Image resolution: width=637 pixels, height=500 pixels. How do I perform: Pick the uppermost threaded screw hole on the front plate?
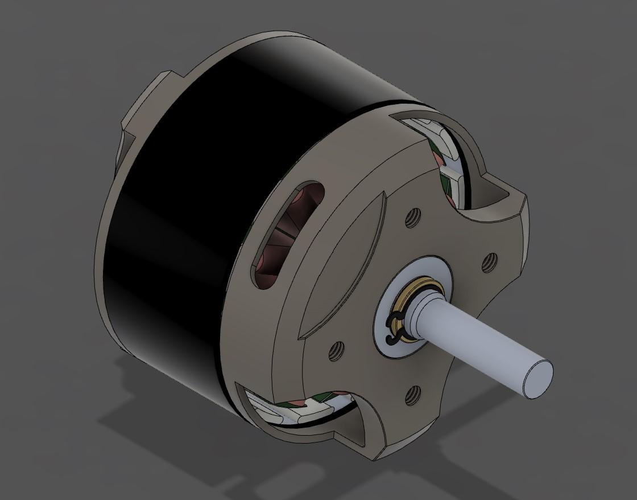click(x=413, y=216)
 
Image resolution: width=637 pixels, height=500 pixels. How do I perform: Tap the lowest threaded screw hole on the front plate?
click(x=413, y=392)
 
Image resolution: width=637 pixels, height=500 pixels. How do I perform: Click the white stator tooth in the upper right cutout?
click(x=455, y=171)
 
